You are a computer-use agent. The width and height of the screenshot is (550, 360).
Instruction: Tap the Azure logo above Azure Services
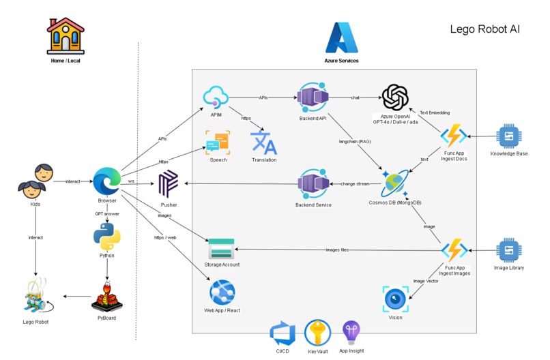click(x=341, y=38)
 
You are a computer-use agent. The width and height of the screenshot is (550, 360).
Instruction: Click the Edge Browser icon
click(x=107, y=181)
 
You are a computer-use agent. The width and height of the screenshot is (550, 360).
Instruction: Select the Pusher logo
click(x=169, y=185)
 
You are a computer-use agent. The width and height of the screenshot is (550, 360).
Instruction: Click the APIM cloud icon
click(x=216, y=97)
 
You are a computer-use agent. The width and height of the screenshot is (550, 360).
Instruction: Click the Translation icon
click(x=263, y=142)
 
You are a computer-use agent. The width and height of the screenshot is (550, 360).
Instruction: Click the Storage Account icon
click(x=222, y=248)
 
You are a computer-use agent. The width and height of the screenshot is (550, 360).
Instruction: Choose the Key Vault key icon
click(x=317, y=333)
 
